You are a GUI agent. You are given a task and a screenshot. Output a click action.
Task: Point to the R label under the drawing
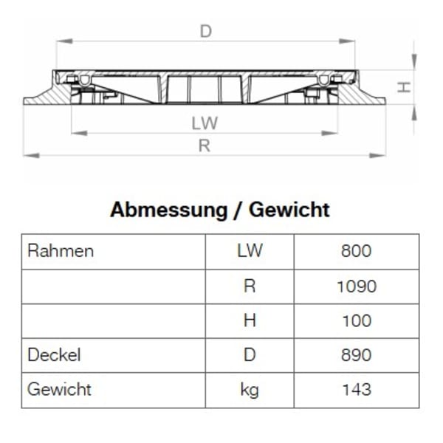pyautogui.click(x=205, y=145)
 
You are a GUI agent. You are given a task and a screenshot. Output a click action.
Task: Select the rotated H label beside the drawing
pyautogui.click(x=404, y=87)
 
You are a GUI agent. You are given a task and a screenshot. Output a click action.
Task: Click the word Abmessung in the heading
pyautogui.click(x=168, y=210)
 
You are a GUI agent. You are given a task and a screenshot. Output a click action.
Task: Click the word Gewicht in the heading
pyautogui.click(x=289, y=210)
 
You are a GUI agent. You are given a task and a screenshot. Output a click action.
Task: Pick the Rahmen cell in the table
pyautogui.click(x=61, y=251)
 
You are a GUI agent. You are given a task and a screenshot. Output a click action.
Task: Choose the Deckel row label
pyautogui.click(x=54, y=355)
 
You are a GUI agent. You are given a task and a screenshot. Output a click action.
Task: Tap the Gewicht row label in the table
pyautogui.click(x=59, y=389)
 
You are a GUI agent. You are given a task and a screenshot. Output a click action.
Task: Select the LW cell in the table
pyautogui.click(x=250, y=251)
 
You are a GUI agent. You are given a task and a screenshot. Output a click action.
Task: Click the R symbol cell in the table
pyautogui.click(x=250, y=286)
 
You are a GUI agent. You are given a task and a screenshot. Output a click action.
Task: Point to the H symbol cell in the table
pyautogui.click(x=250, y=320)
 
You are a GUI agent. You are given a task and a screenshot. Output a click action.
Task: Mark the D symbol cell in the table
pyautogui.click(x=250, y=355)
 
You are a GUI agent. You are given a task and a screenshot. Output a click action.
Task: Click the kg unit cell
pyautogui.click(x=250, y=390)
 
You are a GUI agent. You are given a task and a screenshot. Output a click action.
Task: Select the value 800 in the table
pyautogui.click(x=356, y=251)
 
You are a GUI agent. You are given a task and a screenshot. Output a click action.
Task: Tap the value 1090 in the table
pyautogui.click(x=356, y=286)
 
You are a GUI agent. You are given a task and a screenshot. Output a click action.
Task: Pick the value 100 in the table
pyautogui.click(x=356, y=320)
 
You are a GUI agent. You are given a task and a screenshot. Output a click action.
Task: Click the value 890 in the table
pyautogui.click(x=356, y=355)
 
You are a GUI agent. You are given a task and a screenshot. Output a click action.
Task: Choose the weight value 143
pyautogui.click(x=356, y=390)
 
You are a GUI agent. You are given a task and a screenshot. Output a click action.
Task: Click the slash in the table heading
pyautogui.click(x=238, y=210)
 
